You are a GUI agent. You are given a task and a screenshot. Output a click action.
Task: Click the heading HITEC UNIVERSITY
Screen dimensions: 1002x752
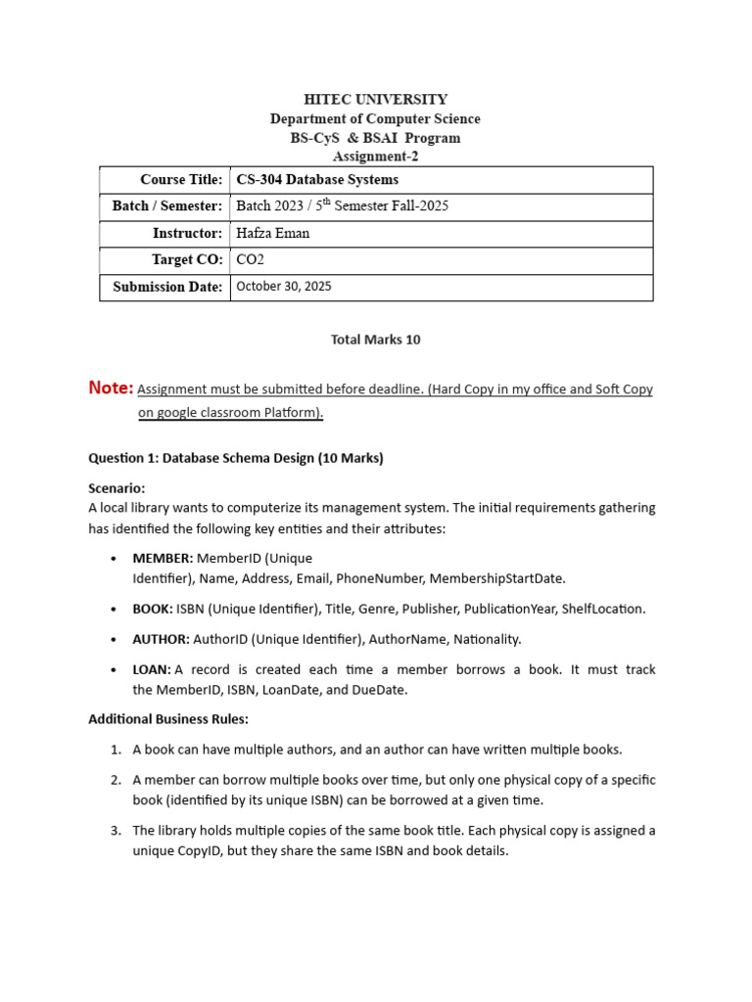(375, 100)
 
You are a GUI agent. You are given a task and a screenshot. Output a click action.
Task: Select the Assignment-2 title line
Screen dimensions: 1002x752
(375, 157)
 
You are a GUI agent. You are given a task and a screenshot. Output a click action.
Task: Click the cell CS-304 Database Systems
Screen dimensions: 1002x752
(317, 180)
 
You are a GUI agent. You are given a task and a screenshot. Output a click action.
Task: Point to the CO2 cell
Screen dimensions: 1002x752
(251, 260)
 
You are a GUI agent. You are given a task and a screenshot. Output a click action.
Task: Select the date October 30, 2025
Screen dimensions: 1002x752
(284, 287)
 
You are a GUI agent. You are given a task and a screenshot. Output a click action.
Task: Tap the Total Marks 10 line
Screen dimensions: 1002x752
(375, 340)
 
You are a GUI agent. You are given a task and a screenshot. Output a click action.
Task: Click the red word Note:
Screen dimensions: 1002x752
(111, 388)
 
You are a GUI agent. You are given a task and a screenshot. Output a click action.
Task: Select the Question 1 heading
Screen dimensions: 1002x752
(236, 458)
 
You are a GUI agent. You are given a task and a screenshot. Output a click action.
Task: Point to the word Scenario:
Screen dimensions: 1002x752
(117, 488)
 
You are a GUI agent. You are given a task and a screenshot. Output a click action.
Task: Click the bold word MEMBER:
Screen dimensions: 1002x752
(163, 559)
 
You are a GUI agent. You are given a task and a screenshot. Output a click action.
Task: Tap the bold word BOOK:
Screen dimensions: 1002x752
(153, 609)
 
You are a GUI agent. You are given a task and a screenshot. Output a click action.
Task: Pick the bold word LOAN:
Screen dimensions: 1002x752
(152, 669)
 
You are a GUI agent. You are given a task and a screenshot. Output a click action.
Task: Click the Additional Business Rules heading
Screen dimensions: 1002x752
(168, 719)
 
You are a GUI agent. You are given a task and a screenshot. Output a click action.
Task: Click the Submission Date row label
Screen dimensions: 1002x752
(166, 288)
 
